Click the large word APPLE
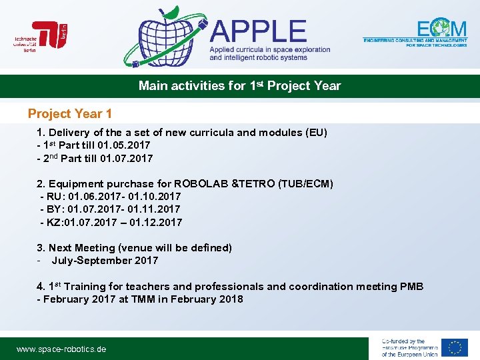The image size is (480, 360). (258, 31)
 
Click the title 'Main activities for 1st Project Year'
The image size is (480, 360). (239, 86)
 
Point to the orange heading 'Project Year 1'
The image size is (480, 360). (70, 114)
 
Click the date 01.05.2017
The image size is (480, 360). (123, 145)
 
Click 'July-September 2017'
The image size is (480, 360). (105, 261)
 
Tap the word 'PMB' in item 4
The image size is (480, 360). (411, 287)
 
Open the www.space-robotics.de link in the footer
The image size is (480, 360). (61, 349)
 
